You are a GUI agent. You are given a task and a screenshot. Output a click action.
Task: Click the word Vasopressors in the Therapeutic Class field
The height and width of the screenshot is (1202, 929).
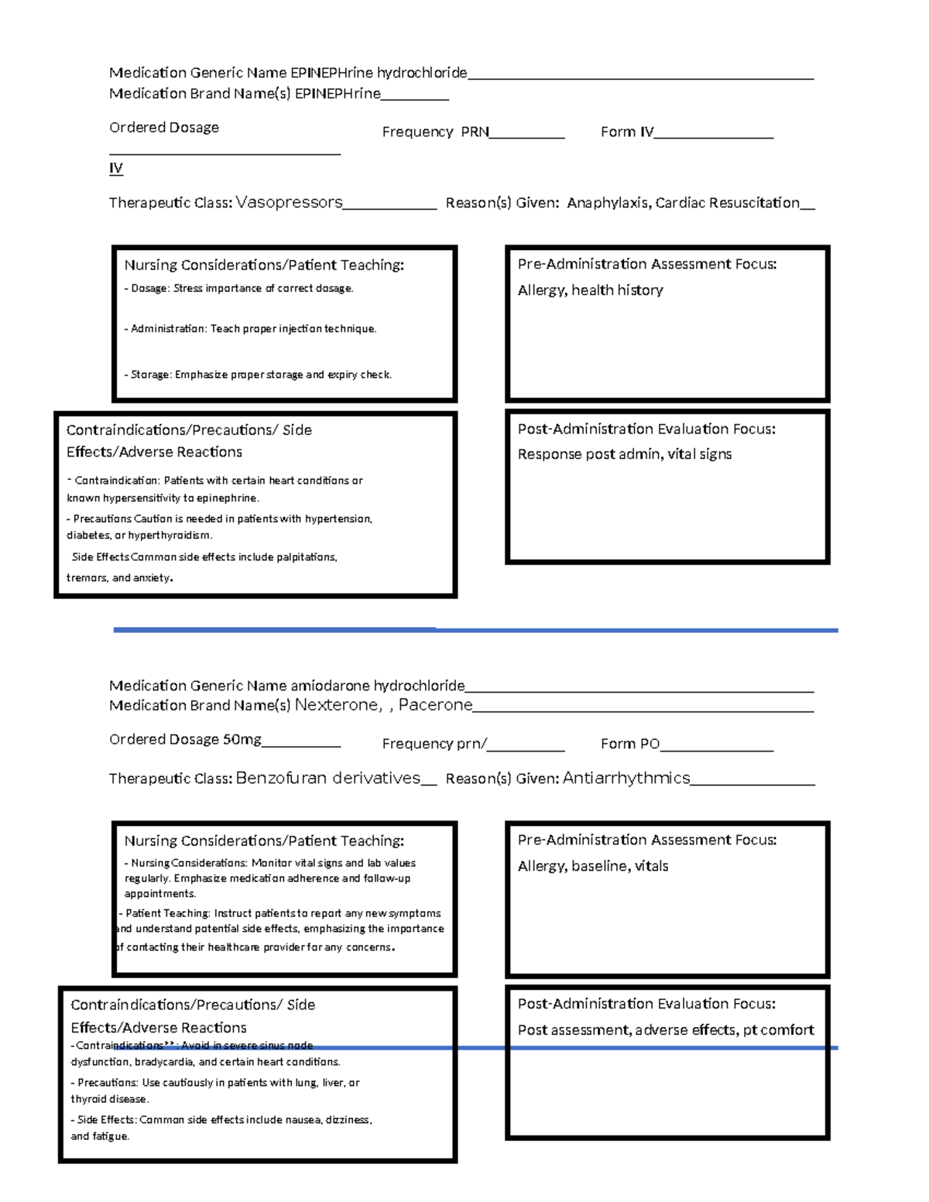289,203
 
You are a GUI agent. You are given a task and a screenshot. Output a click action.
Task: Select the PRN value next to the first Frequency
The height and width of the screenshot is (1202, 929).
475,132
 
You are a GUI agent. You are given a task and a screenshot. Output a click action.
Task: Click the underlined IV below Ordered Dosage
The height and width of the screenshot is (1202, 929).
116,168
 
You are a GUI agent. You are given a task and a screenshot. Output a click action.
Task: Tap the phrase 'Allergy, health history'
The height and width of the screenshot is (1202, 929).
590,290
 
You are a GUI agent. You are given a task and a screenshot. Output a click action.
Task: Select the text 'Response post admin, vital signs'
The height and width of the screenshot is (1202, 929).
624,454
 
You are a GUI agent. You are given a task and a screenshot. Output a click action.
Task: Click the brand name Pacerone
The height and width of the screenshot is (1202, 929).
435,705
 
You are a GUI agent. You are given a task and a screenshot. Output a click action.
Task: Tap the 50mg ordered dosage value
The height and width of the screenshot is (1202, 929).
242,740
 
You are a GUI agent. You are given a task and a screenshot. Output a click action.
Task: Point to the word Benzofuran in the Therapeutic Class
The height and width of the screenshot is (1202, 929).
281,779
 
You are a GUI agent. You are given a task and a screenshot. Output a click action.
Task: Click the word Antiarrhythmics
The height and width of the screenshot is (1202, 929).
626,779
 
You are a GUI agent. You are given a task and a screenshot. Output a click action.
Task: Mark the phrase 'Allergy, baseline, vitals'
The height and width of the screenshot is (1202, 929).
592,866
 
